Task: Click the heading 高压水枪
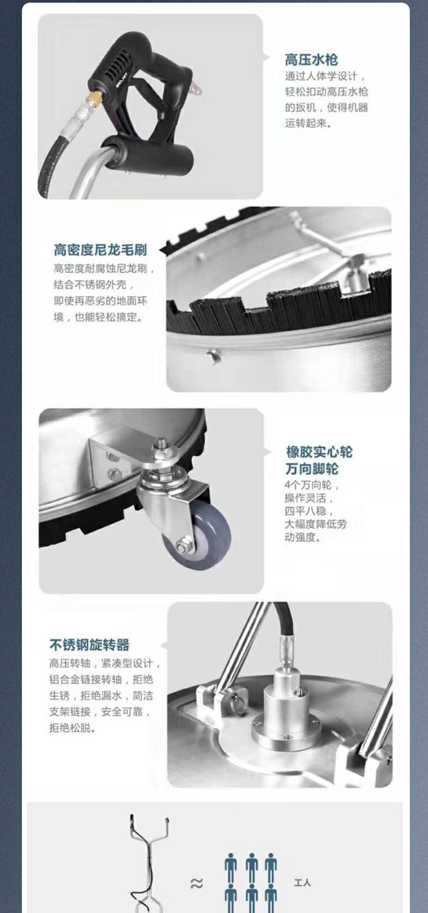(x=311, y=59)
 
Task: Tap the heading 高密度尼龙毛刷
(x=100, y=249)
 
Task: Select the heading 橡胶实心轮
(x=319, y=452)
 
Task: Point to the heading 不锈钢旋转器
(x=89, y=645)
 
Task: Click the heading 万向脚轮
(x=312, y=469)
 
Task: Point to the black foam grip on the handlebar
(x=147, y=156)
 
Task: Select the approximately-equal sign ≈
(x=197, y=884)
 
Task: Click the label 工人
(x=302, y=882)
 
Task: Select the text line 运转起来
(x=308, y=123)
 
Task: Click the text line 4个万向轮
(x=312, y=485)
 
